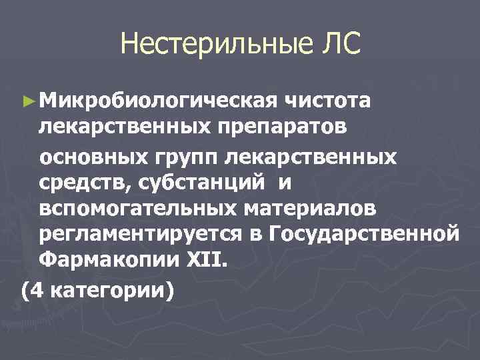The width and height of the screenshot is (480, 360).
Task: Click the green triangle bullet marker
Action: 27,102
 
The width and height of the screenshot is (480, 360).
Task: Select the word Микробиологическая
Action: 158,101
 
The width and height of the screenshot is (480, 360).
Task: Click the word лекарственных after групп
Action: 311,157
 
